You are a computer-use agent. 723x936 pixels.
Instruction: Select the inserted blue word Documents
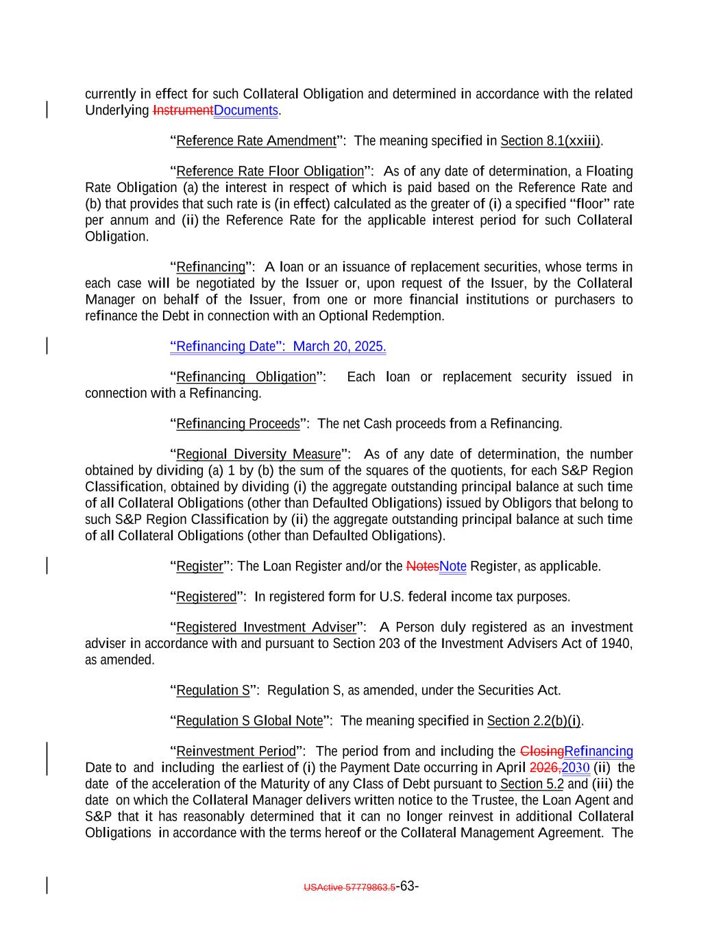(x=246, y=110)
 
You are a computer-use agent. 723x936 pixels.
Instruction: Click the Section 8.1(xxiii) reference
(x=550, y=141)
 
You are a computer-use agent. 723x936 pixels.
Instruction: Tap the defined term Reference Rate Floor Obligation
(x=270, y=171)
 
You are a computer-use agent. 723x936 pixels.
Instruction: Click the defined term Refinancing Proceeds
(x=238, y=424)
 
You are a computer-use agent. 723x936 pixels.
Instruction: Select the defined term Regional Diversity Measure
(x=258, y=455)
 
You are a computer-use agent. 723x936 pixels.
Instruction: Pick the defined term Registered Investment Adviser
(x=267, y=627)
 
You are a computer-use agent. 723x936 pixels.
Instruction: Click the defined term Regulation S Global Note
(x=249, y=721)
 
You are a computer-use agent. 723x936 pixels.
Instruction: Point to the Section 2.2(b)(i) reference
(x=534, y=721)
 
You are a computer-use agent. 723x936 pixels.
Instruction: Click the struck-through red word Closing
(x=542, y=752)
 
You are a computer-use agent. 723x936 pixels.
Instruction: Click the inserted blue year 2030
(x=576, y=768)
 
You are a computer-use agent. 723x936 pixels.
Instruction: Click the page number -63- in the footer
(x=408, y=886)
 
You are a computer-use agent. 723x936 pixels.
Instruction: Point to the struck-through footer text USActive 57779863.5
(x=349, y=887)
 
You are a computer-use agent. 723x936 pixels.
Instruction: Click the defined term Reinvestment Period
(x=236, y=752)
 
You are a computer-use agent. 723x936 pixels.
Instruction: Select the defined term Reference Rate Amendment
(x=256, y=141)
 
